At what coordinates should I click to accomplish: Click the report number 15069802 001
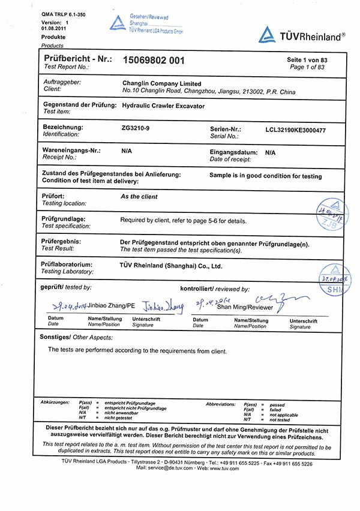pyautogui.click(x=154, y=60)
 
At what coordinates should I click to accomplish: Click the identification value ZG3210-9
pyautogui.click(x=137, y=128)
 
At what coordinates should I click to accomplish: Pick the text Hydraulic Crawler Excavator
pyautogui.click(x=163, y=106)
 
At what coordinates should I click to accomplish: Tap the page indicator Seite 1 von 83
pyautogui.click(x=308, y=60)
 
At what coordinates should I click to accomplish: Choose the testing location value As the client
pyautogui.click(x=139, y=196)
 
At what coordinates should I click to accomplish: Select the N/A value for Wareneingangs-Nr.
pyautogui.click(x=127, y=152)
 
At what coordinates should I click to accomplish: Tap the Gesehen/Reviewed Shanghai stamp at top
pyautogui.click(x=147, y=23)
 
